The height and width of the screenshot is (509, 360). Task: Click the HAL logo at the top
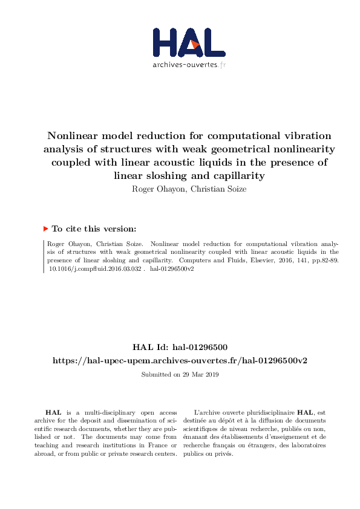189,43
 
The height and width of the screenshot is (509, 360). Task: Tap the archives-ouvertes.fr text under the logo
189,65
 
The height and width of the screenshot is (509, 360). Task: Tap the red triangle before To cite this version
45,229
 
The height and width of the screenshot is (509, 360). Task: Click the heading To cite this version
94,229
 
